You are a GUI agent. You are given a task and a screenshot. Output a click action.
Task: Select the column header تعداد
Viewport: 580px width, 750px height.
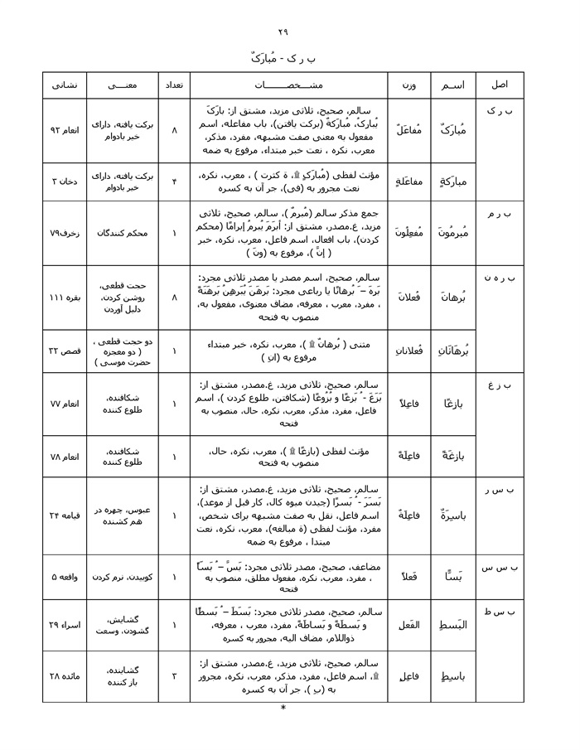pos(174,86)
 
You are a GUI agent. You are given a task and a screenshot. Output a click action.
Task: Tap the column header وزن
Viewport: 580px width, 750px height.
pos(408,86)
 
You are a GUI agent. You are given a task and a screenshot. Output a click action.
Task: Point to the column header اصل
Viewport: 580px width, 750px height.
pos(500,86)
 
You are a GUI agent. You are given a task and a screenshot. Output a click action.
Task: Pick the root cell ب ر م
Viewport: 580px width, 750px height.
pos(500,215)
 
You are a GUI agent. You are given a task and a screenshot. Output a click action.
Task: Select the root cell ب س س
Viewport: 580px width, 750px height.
pos(500,568)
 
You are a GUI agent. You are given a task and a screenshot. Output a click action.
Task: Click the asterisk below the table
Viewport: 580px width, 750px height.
pos(283,709)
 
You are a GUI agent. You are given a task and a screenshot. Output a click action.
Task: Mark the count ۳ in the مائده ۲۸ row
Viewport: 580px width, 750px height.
pos(174,676)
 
